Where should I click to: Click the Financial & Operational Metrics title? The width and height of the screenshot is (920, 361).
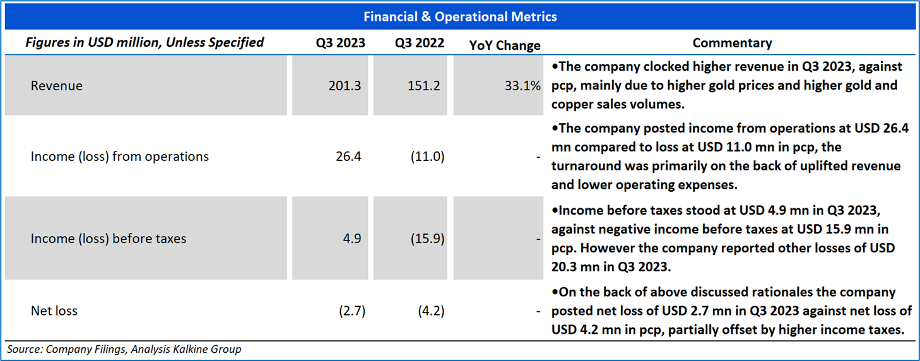coord(459,17)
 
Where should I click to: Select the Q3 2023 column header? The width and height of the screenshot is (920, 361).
coord(341,43)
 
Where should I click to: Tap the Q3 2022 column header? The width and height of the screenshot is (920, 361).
coord(420,43)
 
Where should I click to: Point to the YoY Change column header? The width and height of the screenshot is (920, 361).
coord(505,45)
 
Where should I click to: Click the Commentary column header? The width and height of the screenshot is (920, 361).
coord(732,43)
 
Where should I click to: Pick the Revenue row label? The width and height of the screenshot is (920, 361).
coord(57,86)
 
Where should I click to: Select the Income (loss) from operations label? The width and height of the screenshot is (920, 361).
coord(120,157)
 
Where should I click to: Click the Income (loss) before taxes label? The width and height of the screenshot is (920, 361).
coord(109,239)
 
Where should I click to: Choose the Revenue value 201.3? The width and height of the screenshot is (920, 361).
coord(345,86)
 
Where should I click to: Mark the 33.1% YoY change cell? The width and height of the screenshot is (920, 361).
coord(522,86)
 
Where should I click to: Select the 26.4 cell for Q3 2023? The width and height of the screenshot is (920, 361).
coord(349,157)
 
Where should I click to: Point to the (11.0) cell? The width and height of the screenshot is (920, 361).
coord(427,157)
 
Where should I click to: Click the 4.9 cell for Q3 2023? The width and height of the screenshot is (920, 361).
coord(352,239)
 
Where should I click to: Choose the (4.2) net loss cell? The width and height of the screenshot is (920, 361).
coord(430,311)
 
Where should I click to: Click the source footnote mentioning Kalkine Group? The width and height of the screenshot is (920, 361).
coord(124,349)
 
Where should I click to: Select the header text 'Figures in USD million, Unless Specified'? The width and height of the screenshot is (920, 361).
coord(144,43)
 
